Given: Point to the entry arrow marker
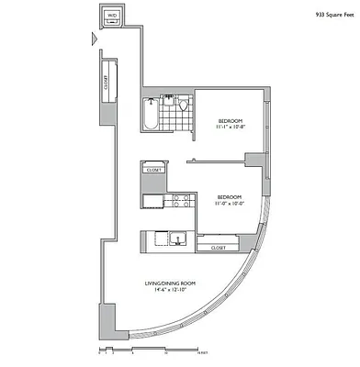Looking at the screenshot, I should coord(93,39).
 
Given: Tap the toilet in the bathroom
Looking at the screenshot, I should coord(183,106).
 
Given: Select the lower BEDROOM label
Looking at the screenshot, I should coord(229,195).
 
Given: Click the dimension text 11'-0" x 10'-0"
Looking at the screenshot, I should coord(229,204).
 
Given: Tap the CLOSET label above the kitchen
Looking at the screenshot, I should coord(154,170).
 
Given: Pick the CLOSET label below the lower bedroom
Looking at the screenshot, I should coord(218,248).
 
